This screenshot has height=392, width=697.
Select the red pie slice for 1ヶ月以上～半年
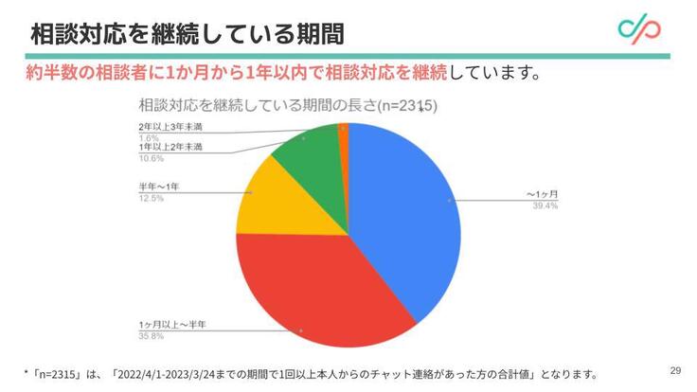coord(313,284)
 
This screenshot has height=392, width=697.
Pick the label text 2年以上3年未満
coord(170,127)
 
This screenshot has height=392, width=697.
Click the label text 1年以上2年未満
coord(170,148)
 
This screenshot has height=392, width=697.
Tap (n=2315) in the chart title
coord(407,106)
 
